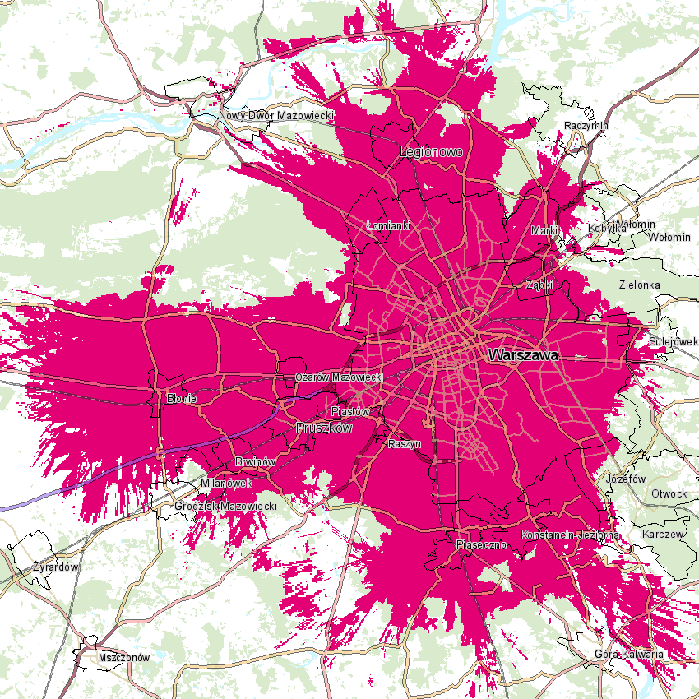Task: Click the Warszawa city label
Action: (x=523, y=356)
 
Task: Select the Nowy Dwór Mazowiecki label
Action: (x=276, y=116)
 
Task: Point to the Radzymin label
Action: (x=586, y=126)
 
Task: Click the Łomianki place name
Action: (x=387, y=225)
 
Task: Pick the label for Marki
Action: (x=544, y=231)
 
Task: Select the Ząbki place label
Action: (x=539, y=285)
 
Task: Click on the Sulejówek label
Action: (x=673, y=340)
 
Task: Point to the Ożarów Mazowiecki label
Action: (x=339, y=377)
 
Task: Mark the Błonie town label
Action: (x=182, y=398)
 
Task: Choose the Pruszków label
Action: (x=323, y=428)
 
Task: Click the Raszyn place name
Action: (x=404, y=444)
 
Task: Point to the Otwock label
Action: (x=668, y=493)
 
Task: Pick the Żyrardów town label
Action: (x=55, y=567)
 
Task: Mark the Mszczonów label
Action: (x=123, y=658)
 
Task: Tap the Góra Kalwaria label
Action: (x=628, y=655)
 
